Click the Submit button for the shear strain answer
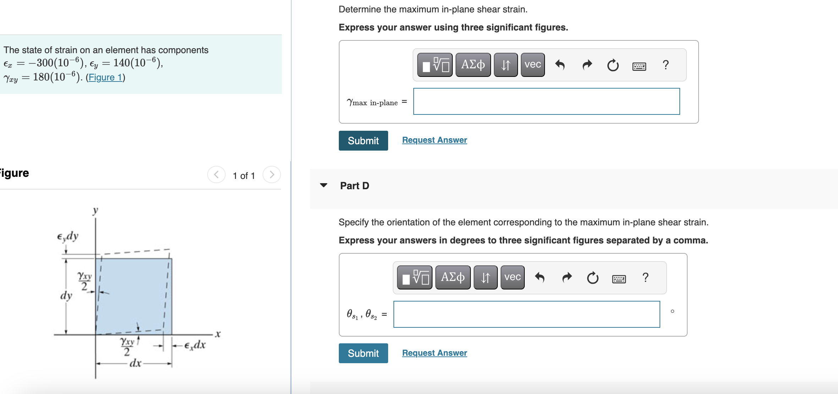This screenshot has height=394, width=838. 363,141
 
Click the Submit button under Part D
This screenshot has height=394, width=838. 363,353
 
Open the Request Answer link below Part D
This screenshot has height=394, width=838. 434,353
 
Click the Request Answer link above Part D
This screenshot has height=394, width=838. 434,140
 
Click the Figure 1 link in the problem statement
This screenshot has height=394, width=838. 105,77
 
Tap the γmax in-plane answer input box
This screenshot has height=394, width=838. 546,101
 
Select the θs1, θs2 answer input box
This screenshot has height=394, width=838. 526,314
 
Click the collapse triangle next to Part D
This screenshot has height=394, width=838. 324,185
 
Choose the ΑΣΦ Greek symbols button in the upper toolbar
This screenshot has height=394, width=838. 473,65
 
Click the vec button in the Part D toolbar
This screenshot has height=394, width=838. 512,277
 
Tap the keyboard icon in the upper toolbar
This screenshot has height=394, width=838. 639,66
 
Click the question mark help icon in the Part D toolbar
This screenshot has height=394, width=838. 645,277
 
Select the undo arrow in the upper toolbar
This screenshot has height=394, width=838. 560,65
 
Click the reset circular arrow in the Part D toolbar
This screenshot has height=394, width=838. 592,278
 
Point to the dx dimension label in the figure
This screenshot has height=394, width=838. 135,363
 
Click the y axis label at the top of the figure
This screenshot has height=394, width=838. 95,210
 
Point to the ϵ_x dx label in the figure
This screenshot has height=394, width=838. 195,345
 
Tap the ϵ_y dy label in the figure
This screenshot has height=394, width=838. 68,236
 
